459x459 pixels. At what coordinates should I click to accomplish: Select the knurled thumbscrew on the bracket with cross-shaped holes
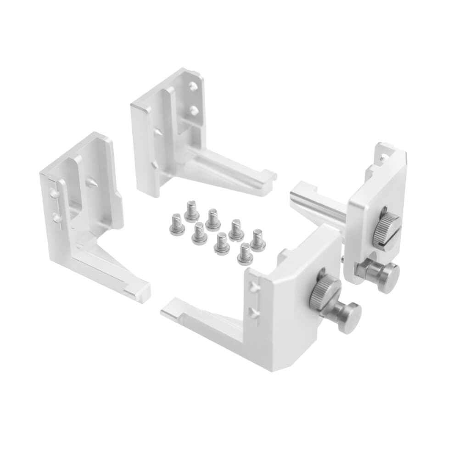pyautogui.click(x=325, y=294)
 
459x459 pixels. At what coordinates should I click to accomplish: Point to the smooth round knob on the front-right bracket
pyautogui.click(x=350, y=317)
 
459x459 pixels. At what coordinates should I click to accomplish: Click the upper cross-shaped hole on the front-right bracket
pyautogui.click(x=252, y=287)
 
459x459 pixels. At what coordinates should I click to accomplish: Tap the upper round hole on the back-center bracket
pyautogui.click(x=194, y=86)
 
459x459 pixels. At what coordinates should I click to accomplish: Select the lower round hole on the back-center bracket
pyautogui.click(x=195, y=110)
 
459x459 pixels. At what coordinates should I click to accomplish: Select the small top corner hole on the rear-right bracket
pyautogui.click(x=381, y=157)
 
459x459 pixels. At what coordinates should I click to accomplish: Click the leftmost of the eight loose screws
pyautogui.click(x=177, y=224)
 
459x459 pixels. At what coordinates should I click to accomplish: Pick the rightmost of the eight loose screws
pyautogui.click(x=257, y=241)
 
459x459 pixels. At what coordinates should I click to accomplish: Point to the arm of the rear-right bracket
pyautogui.click(x=317, y=202)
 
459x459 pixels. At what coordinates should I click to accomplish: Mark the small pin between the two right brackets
pyautogui.click(x=344, y=260)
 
